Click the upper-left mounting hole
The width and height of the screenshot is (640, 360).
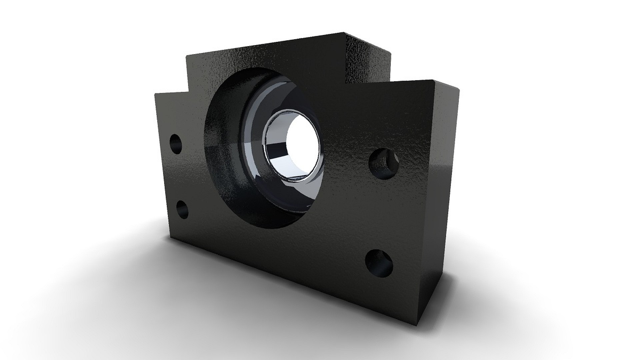click(176, 144)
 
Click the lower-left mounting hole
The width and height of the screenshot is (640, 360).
click(182, 209)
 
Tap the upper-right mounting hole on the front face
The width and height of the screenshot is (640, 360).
click(384, 164)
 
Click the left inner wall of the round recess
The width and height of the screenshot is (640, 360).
click(217, 150)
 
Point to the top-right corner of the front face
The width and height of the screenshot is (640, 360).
click(433, 80)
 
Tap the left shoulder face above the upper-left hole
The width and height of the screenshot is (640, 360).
click(170, 113)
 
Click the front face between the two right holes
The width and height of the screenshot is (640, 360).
click(382, 213)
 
